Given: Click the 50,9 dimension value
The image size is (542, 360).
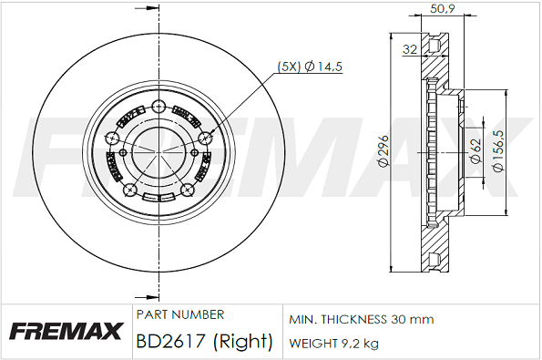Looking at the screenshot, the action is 442,8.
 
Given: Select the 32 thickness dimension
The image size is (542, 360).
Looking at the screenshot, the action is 410,49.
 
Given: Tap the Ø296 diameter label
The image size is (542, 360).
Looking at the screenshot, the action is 384,151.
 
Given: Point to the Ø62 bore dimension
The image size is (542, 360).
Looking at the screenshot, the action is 476,151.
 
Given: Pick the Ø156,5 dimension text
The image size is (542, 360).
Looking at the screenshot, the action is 499,151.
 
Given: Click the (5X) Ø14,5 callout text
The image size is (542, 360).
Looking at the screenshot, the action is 310,66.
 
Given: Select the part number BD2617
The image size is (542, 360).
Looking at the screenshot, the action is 170,341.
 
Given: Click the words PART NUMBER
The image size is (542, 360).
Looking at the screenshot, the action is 180,314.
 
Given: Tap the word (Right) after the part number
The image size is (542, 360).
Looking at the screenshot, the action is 243,342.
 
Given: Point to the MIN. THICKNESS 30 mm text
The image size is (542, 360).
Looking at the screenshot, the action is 362,319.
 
